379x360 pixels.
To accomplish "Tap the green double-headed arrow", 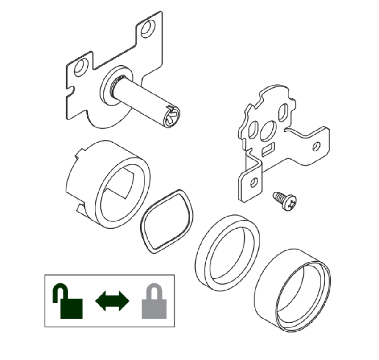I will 112,302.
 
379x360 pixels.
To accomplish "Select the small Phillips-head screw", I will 285,200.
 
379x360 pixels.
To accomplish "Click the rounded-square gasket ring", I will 167,221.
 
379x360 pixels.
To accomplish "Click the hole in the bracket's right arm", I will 316,146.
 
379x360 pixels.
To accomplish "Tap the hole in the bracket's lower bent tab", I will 253,181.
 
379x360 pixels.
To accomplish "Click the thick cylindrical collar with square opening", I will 107,183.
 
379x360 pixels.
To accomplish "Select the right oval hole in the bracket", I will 282,113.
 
